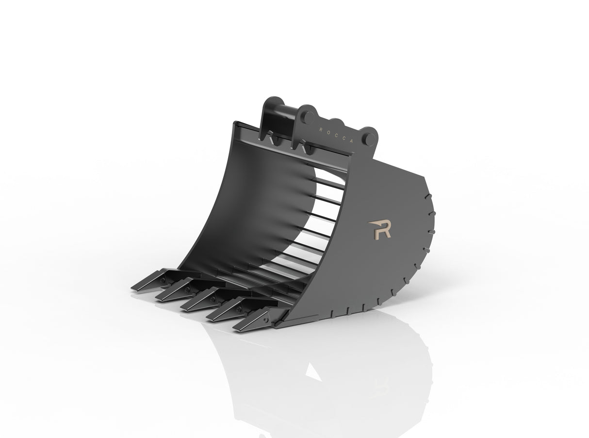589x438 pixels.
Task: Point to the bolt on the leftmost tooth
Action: pos(163,280)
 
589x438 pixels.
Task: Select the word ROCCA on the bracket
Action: pos(337,135)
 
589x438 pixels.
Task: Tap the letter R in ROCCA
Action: pos(320,129)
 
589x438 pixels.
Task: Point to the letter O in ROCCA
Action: pos(328,132)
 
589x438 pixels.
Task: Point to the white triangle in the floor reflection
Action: pos(313,371)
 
